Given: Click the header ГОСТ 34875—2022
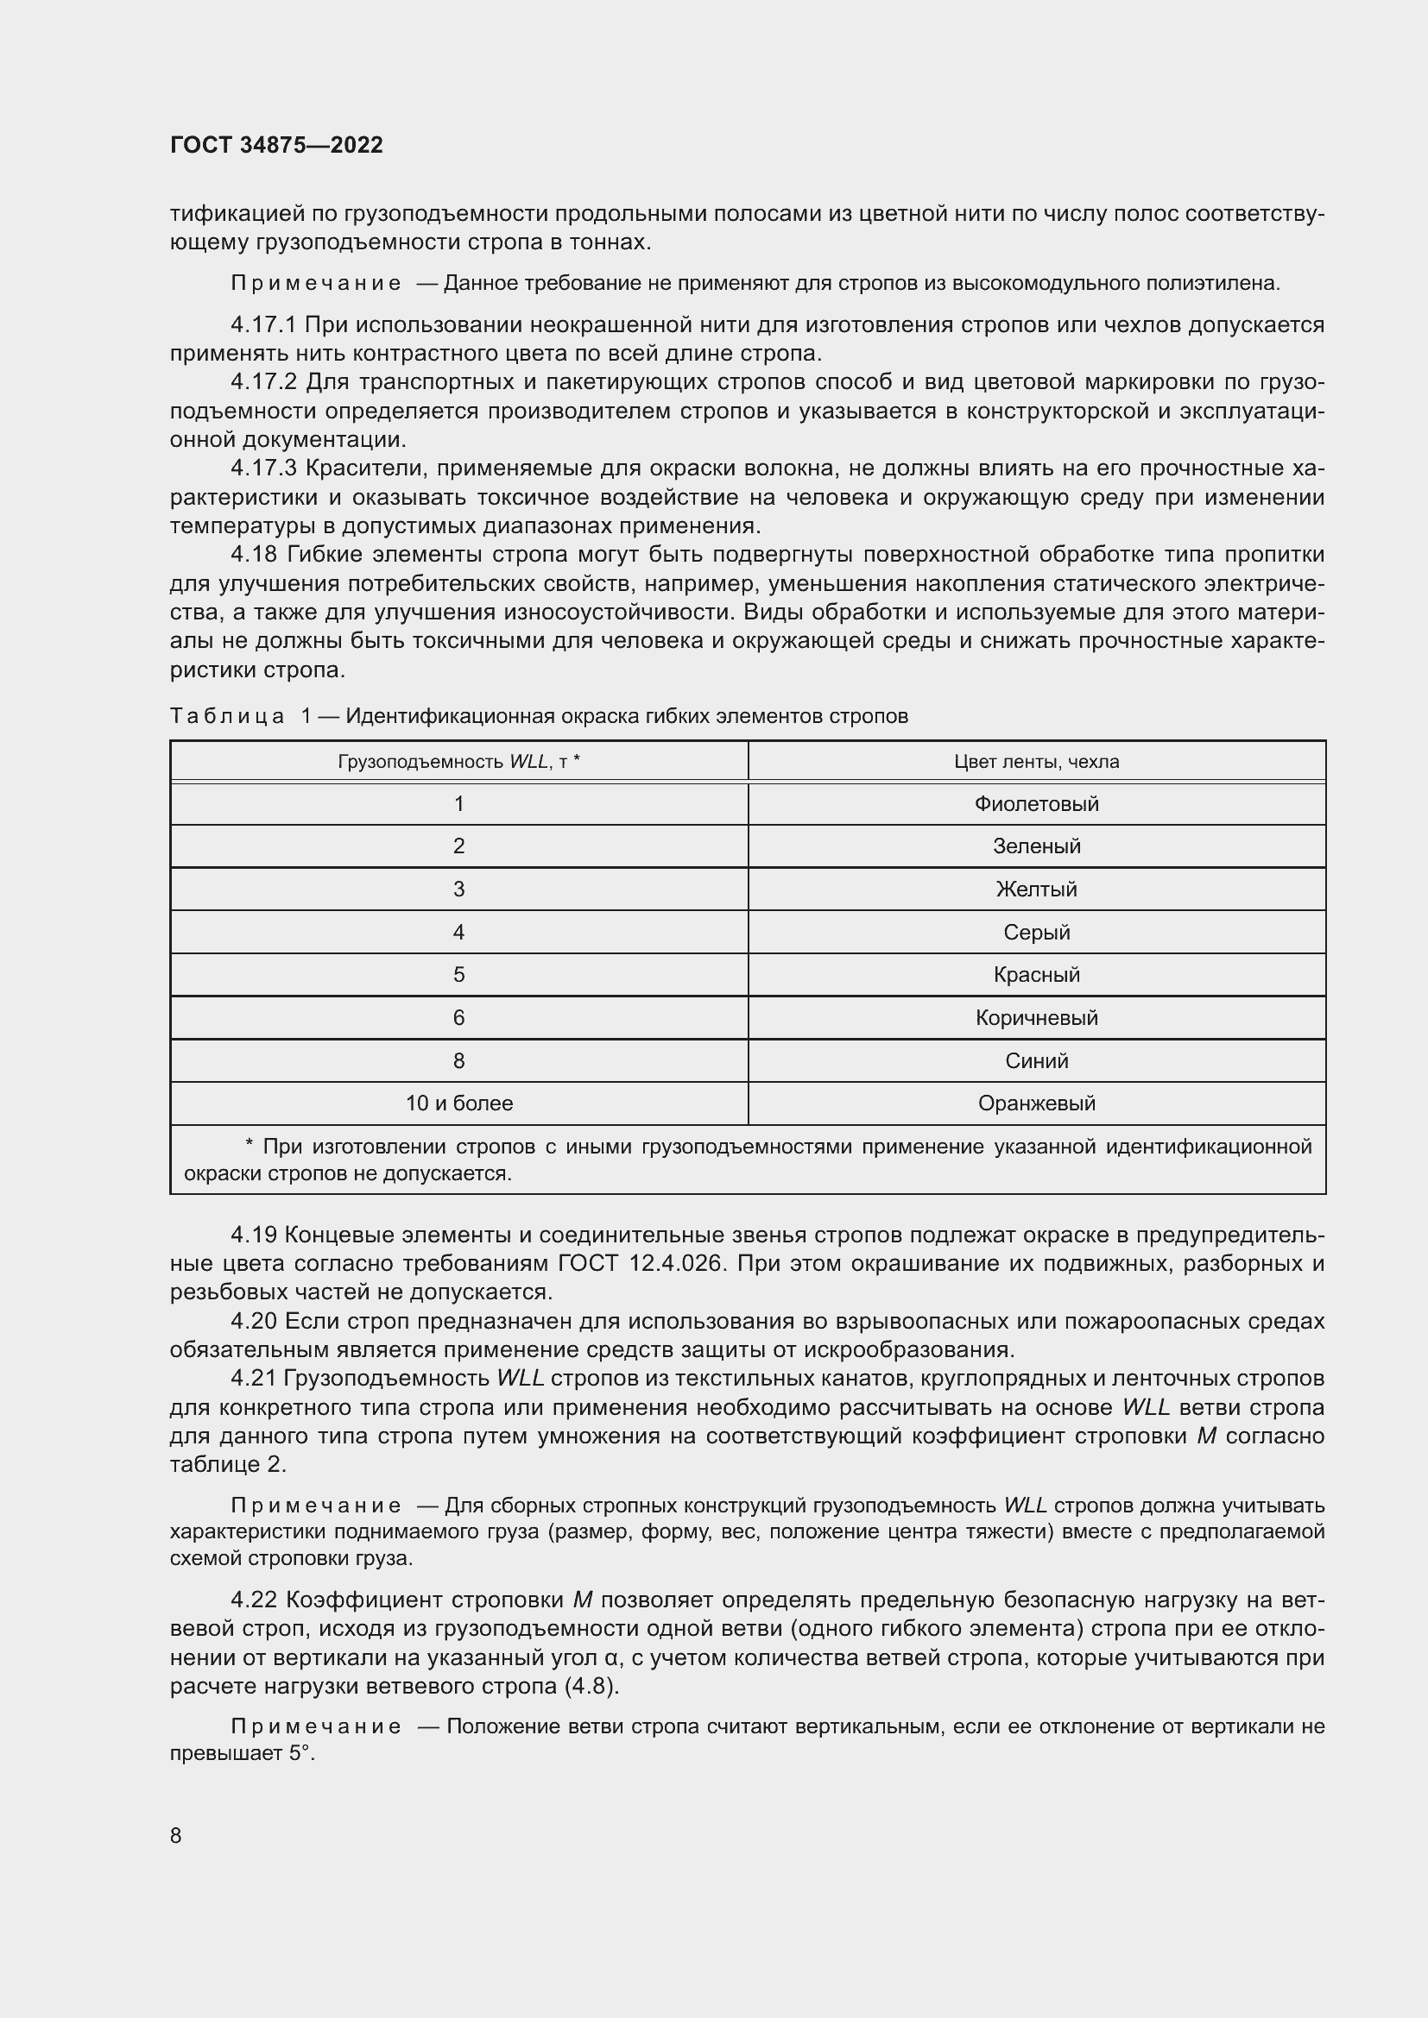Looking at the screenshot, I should [276, 145].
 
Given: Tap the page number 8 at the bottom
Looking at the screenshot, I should [176, 1835].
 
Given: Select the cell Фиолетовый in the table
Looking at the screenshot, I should [1036, 803].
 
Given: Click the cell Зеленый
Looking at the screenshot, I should [1036, 846].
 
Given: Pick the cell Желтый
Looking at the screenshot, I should [1036, 889].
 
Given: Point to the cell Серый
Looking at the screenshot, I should [1036, 932].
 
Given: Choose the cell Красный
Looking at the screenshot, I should [1036, 974].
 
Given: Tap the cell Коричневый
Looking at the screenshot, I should [1036, 1017].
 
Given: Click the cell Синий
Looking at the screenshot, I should [1036, 1060].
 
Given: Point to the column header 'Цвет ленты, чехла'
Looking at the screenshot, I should [1036, 761].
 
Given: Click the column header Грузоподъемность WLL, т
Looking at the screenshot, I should [459, 761].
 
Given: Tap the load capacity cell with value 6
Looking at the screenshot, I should [459, 1017].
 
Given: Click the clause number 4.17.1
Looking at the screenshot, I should [264, 325].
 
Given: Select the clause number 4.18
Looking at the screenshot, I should [254, 555].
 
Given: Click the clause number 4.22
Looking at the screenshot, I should [254, 1600].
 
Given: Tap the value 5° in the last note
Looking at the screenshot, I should [300, 1753].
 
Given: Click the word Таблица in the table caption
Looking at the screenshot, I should [227, 716].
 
